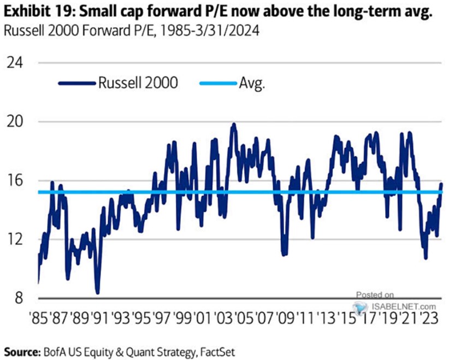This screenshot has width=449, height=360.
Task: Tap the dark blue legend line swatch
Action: (77, 84)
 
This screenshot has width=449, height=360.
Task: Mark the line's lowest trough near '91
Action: (97, 292)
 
